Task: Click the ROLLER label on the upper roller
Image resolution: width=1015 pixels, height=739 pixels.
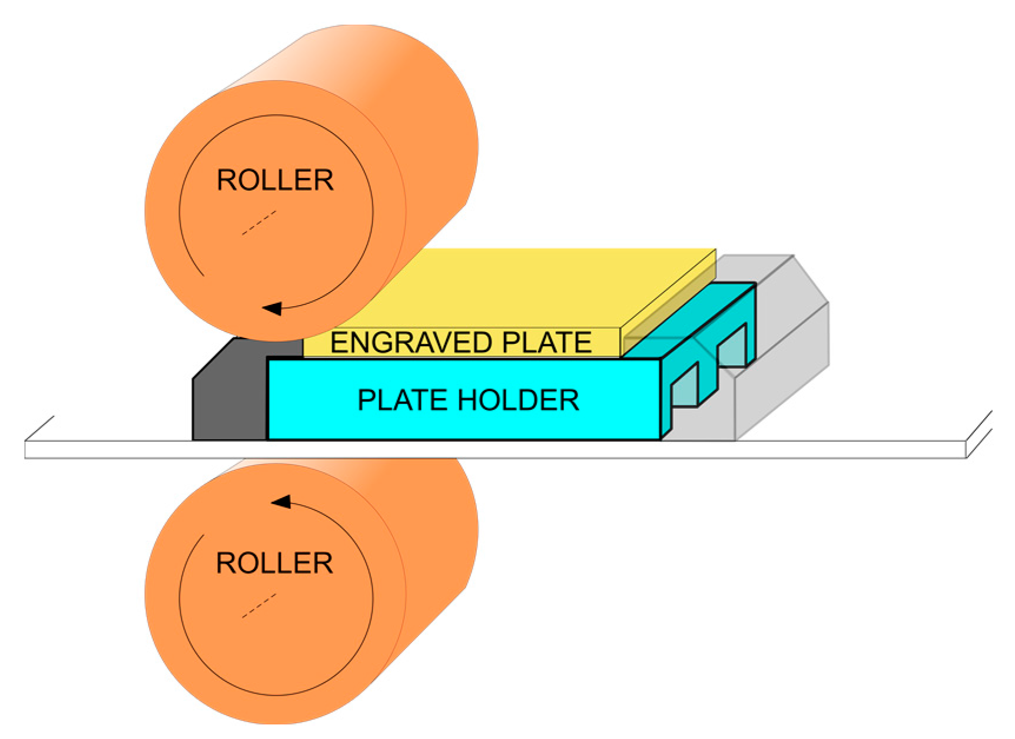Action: (275, 180)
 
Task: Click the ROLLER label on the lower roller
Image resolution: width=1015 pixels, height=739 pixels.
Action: (274, 564)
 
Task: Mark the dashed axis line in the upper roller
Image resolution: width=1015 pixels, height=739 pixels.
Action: (259, 223)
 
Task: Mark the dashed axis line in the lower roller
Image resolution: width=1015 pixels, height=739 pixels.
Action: (259, 606)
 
